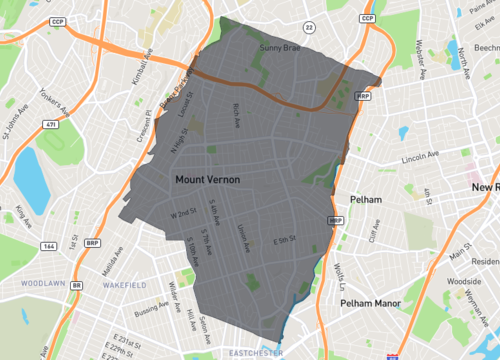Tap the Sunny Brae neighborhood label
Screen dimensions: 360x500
pos(279,48)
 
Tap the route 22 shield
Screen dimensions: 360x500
pos(308,26)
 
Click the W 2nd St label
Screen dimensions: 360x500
pos(184,214)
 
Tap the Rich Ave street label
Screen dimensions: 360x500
pos(236,115)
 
